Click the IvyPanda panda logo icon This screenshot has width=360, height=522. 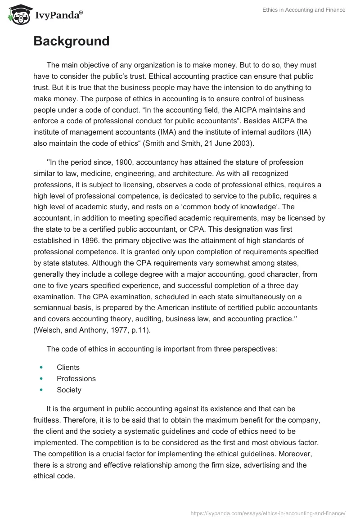(18, 15)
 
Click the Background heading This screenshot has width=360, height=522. (71, 41)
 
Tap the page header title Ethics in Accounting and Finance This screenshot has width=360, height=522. (304, 10)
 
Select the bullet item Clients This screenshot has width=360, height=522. (68, 367)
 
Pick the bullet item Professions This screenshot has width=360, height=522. (76, 378)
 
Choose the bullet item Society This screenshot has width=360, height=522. (69, 390)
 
